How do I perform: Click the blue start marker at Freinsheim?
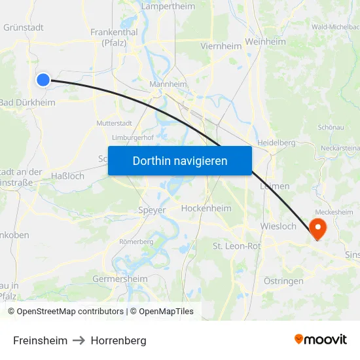click(43, 80)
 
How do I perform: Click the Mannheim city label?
click(168, 84)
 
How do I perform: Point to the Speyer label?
click(152, 210)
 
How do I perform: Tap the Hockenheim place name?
click(206, 208)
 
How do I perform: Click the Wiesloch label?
click(278, 227)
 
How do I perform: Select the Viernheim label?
click(221, 46)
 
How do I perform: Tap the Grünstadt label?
click(24, 27)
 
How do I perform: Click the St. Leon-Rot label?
click(236, 245)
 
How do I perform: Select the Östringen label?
click(283, 281)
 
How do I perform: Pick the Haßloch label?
click(67, 176)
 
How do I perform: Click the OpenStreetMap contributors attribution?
click(65, 312)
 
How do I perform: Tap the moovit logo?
click(321, 340)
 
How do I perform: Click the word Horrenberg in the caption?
click(118, 341)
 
